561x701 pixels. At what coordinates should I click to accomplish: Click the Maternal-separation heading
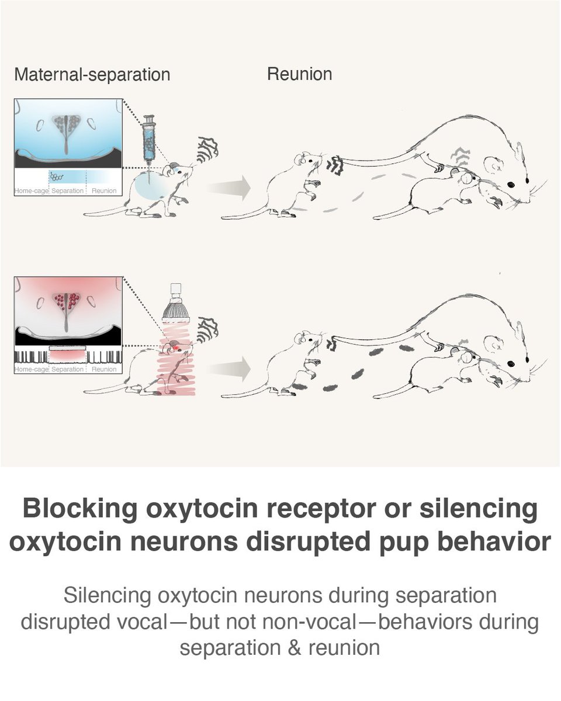[92, 75]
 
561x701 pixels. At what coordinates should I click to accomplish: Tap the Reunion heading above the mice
[299, 74]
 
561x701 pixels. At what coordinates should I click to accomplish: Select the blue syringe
[149, 138]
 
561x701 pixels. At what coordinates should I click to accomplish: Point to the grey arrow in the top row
[230, 188]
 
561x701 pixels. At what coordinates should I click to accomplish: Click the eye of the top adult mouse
[511, 184]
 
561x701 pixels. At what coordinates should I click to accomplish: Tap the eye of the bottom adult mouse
[511, 363]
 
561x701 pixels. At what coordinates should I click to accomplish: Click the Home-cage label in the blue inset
[30, 191]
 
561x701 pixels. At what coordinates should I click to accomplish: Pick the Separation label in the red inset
[67, 369]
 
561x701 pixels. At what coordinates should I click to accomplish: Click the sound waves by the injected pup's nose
[207, 148]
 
